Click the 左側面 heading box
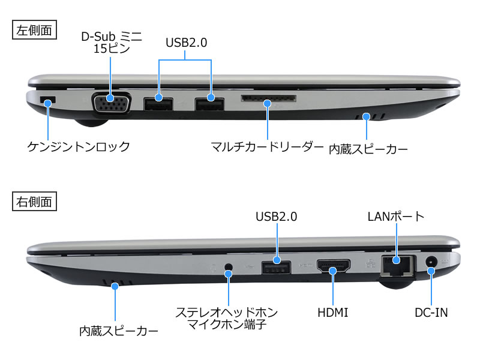[x=34, y=29]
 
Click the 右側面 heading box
[x=34, y=202]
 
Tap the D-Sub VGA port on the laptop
[x=112, y=102]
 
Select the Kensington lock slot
[x=48, y=100]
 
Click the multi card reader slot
[x=268, y=98]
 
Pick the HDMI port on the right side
[x=334, y=265]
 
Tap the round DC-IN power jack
[x=431, y=262]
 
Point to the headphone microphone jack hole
[x=229, y=266]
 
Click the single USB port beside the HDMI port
[x=276, y=267]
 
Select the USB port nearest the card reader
[x=209, y=104]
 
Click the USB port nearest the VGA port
[x=158, y=104]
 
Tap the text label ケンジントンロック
[x=79, y=146]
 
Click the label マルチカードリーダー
[x=267, y=146]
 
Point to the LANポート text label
[x=396, y=217]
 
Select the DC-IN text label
[x=431, y=313]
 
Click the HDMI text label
[x=333, y=313]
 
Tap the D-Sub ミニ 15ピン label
[x=112, y=43]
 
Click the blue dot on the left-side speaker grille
[x=366, y=116]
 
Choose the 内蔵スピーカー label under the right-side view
[x=119, y=331]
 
